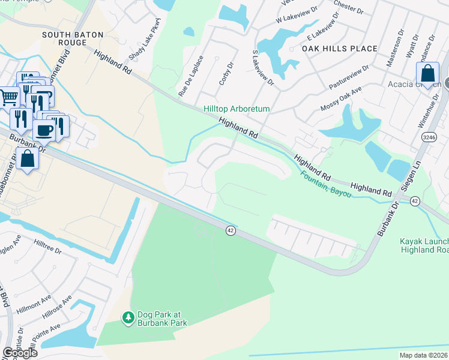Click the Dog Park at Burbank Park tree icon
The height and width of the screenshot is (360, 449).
(127, 317)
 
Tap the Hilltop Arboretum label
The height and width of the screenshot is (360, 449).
(237, 109)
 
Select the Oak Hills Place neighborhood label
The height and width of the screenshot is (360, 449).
(340, 49)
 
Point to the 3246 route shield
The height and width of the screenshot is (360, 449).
(429, 137)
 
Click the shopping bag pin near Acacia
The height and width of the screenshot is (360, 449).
(427, 75)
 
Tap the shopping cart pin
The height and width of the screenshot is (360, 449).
(8, 96)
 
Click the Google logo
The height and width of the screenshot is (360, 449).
(20, 353)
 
